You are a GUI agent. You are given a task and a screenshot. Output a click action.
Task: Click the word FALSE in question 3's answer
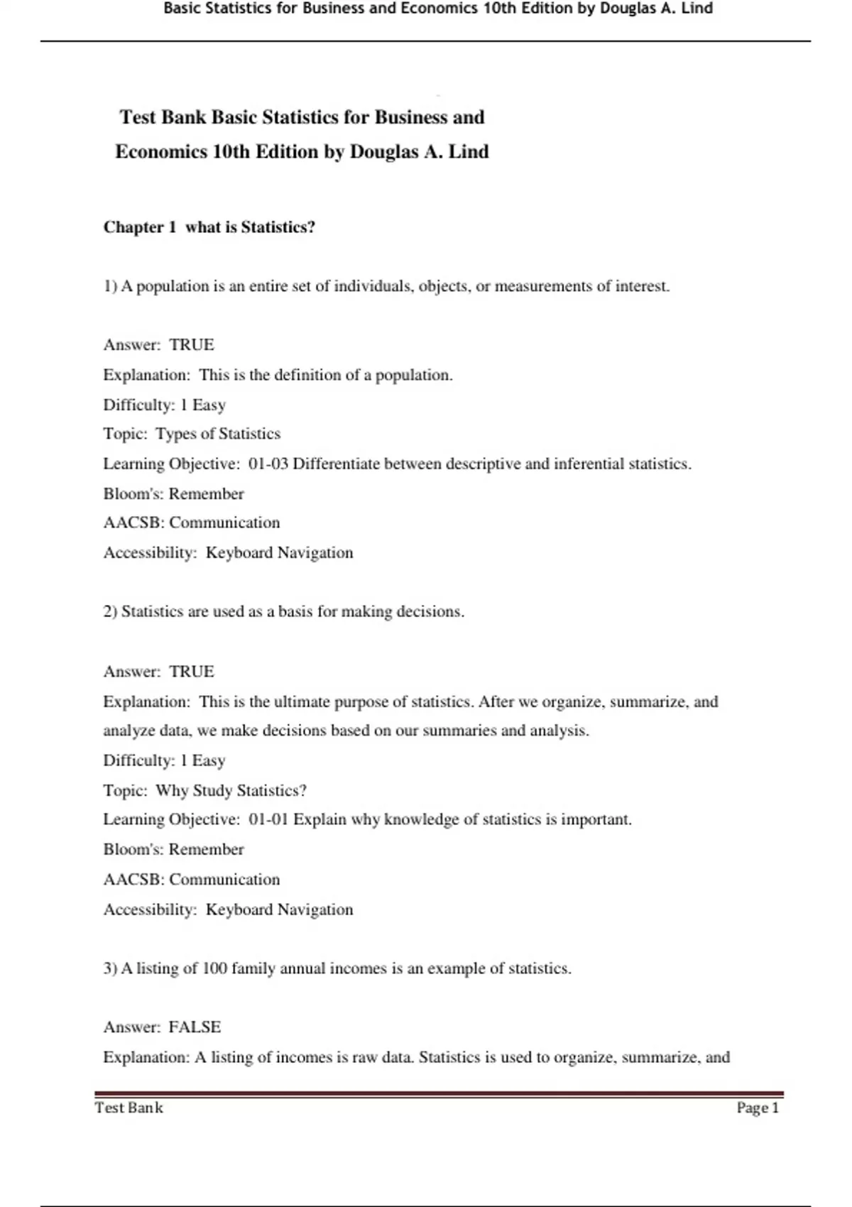tap(195, 1027)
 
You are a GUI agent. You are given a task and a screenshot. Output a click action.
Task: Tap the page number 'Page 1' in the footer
tap(758, 1108)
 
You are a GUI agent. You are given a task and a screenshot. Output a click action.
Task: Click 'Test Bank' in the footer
tap(129, 1108)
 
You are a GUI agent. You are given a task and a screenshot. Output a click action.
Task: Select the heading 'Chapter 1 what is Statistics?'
tap(209, 227)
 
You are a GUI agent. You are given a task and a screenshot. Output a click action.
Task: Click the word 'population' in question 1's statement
tap(173, 286)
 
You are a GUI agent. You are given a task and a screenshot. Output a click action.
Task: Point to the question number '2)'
tap(110, 611)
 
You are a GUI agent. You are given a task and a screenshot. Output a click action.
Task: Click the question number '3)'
tap(110, 968)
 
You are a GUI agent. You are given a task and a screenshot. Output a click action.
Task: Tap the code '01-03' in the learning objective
tap(268, 464)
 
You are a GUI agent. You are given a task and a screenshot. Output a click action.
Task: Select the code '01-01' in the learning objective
tap(268, 819)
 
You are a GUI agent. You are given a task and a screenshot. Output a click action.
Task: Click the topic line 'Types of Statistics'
tap(218, 434)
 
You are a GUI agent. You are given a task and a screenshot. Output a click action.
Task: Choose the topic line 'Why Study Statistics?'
tap(231, 790)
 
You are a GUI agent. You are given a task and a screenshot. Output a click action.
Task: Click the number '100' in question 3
tap(214, 968)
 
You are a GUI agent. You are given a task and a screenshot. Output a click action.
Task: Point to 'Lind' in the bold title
tap(469, 152)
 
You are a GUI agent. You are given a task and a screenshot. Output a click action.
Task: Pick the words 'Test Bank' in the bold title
tap(163, 117)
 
